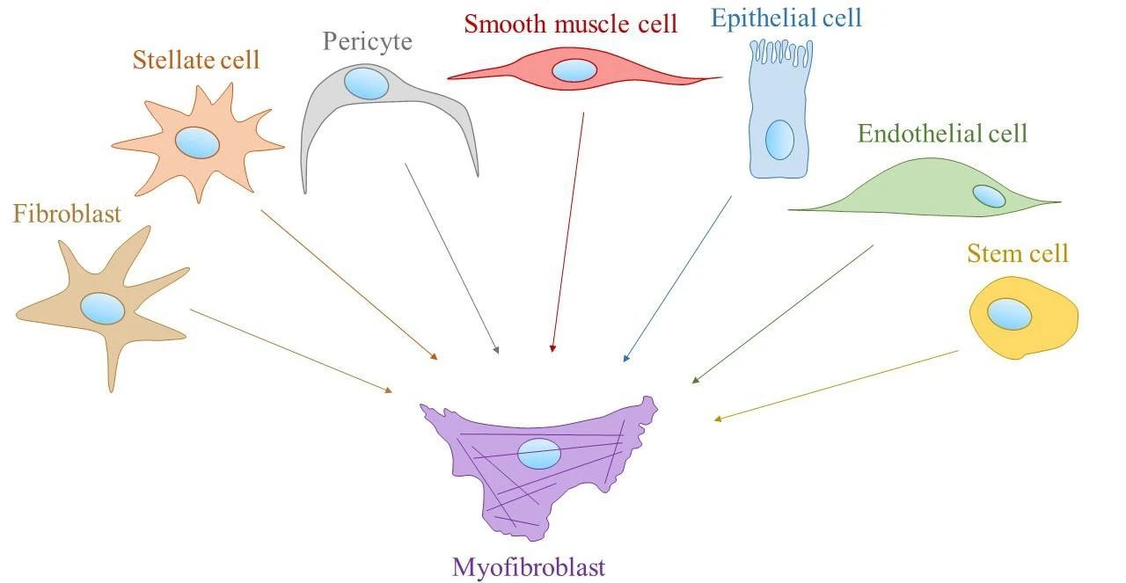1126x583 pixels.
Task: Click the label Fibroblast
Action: coord(67,214)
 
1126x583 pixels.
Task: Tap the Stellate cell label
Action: coord(196,61)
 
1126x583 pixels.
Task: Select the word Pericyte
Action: coord(367,40)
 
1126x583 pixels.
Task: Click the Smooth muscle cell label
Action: coord(571,24)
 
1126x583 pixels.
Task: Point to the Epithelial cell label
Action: coord(786,18)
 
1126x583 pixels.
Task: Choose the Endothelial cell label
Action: coord(942,134)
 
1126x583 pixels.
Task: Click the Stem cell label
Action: coord(1017,254)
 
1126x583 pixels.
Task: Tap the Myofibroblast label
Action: coord(528,567)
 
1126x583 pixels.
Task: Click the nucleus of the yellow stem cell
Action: coord(1009,314)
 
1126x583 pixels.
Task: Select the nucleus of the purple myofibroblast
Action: coord(538,453)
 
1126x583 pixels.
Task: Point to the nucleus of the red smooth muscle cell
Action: coord(574,70)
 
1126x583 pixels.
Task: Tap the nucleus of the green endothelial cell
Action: coord(989,196)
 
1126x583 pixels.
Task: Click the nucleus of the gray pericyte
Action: coord(366,84)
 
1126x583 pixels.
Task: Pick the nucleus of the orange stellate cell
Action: coord(197,142)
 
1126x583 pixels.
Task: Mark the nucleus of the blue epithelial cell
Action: coord(779,140)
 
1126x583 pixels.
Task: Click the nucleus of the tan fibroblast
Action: coord(103,309)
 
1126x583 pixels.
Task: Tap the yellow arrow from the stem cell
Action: coord(836,385)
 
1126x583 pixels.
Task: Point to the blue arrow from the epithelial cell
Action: coord(677,278)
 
